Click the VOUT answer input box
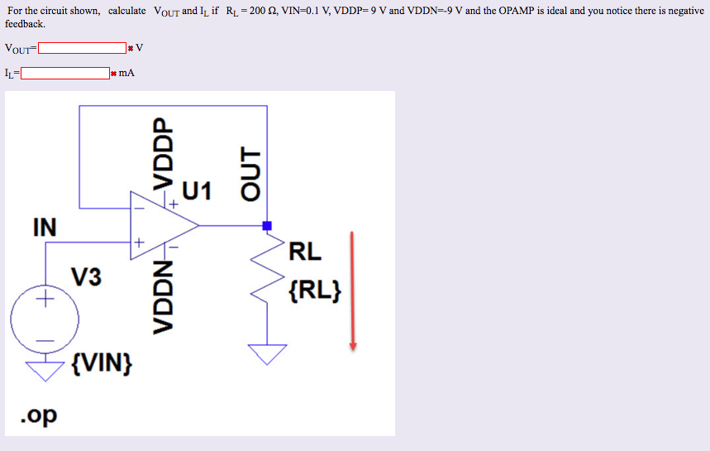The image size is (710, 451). click(81, 48)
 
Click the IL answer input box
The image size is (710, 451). click(65, 73)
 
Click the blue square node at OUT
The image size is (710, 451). click(267, 225)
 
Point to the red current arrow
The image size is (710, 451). click(353, 290)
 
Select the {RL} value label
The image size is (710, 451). click(315, 290)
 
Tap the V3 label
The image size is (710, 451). click(86, 276)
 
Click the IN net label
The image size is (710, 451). click(45, 227)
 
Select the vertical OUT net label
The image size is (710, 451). click(249, 173)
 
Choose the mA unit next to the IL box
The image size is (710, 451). click(126, 73)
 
